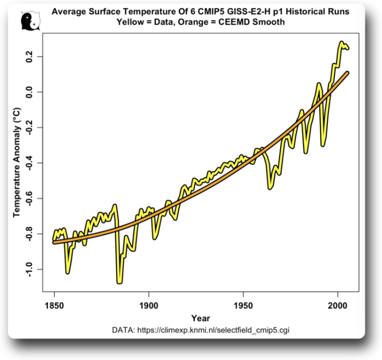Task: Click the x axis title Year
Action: pyautogui.click(x=201, y=319)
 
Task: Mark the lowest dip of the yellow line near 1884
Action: pyautogui.click(x=119, y=282)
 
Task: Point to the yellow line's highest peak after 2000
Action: pyautogui.click(x=342, y=43)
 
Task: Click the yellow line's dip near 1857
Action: pyautogui.click(x=68, y=272)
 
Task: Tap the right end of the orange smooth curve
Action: pyautogui.click(x=348, y=72)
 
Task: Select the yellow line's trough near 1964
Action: pyautogui.click(x=270, y=187)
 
